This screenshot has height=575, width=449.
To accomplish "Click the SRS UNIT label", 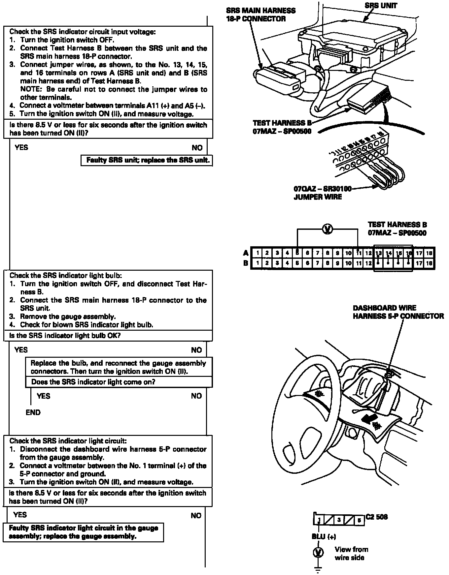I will (381, 6).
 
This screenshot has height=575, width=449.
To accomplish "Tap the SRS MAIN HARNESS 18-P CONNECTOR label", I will (261, 15).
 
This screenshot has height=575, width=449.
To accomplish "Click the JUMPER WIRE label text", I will (317, 197).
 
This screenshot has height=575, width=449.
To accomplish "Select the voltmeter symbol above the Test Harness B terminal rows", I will (327, 229).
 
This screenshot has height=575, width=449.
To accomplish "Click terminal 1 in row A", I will (257, 253).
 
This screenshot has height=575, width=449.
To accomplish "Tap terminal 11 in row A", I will (358, 253).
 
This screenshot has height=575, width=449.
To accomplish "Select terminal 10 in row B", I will (348, 263).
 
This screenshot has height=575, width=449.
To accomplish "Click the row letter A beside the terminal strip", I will (246, 253).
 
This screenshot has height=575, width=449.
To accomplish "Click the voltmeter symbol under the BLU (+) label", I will (318, 552).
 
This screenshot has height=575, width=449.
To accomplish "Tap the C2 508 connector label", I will (377, 517).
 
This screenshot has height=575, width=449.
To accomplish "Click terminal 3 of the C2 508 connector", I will (339, 520).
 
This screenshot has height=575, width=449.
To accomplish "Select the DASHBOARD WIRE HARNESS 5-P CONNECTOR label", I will (398, 312).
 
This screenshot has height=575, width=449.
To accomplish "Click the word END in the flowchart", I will (33, 412).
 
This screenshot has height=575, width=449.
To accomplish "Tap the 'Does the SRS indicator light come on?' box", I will (119, 382).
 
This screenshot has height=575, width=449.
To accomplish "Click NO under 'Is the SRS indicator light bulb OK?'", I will (196, 350).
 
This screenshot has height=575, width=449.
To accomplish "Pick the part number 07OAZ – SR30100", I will (323, 189).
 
